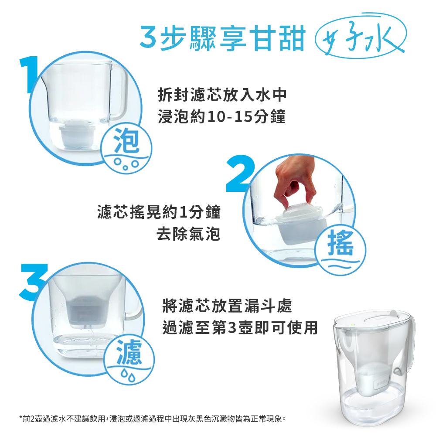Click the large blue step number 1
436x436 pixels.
(30, 74)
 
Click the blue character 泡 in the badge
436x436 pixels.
(126, 141)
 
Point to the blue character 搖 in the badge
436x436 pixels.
(341, 243)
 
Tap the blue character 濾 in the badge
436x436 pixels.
(129, 352)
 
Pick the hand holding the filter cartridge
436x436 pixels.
(295, 181)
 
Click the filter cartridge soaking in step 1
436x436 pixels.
(78, 134)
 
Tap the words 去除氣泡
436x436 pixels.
(188, 234)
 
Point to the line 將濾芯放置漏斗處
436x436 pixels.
(227, 306)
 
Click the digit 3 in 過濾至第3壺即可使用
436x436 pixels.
(232, 327)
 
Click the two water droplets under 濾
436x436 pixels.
(128, 377)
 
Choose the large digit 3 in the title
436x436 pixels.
(148, 37)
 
